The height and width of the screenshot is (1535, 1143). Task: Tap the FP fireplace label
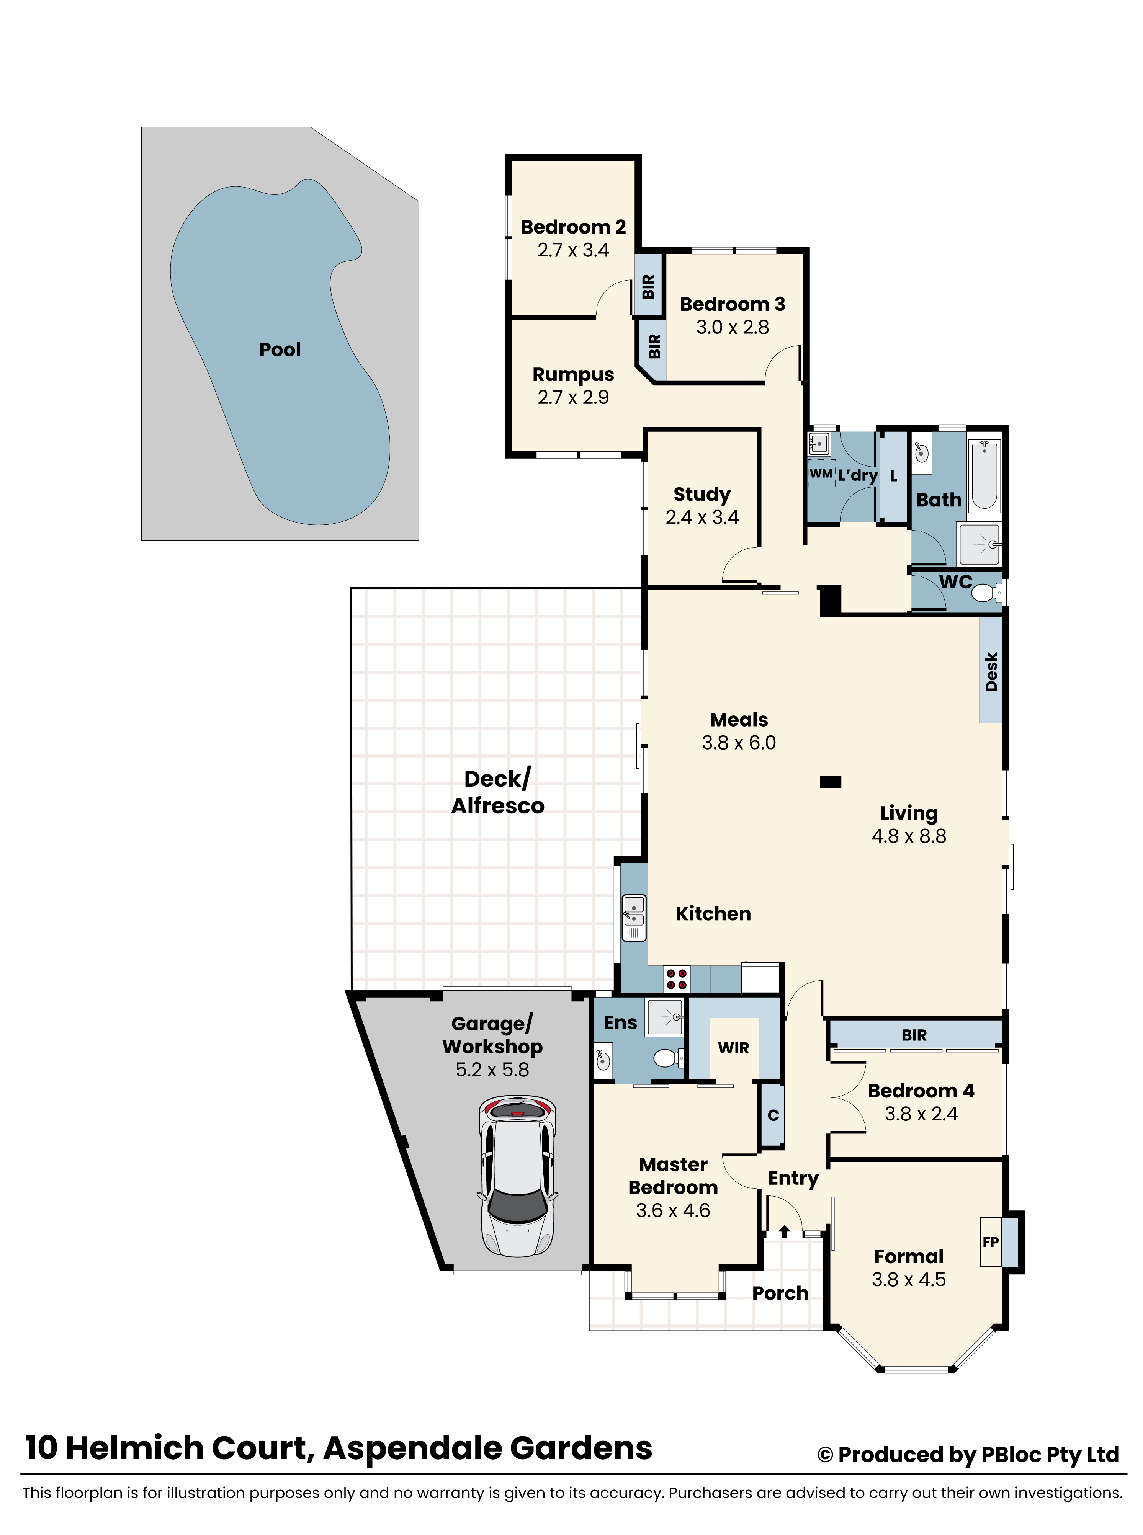pos(990,1242)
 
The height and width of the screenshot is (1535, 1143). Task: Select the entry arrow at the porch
pos(785,1231)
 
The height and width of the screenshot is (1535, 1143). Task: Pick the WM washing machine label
pos(821,474)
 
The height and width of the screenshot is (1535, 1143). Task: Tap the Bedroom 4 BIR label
pos(914,1035)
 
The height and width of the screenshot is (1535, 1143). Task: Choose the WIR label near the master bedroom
pos(733,1048)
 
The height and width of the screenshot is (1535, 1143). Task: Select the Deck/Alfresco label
pos(497,792)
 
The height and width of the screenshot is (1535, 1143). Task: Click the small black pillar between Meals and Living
pos(830,782)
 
